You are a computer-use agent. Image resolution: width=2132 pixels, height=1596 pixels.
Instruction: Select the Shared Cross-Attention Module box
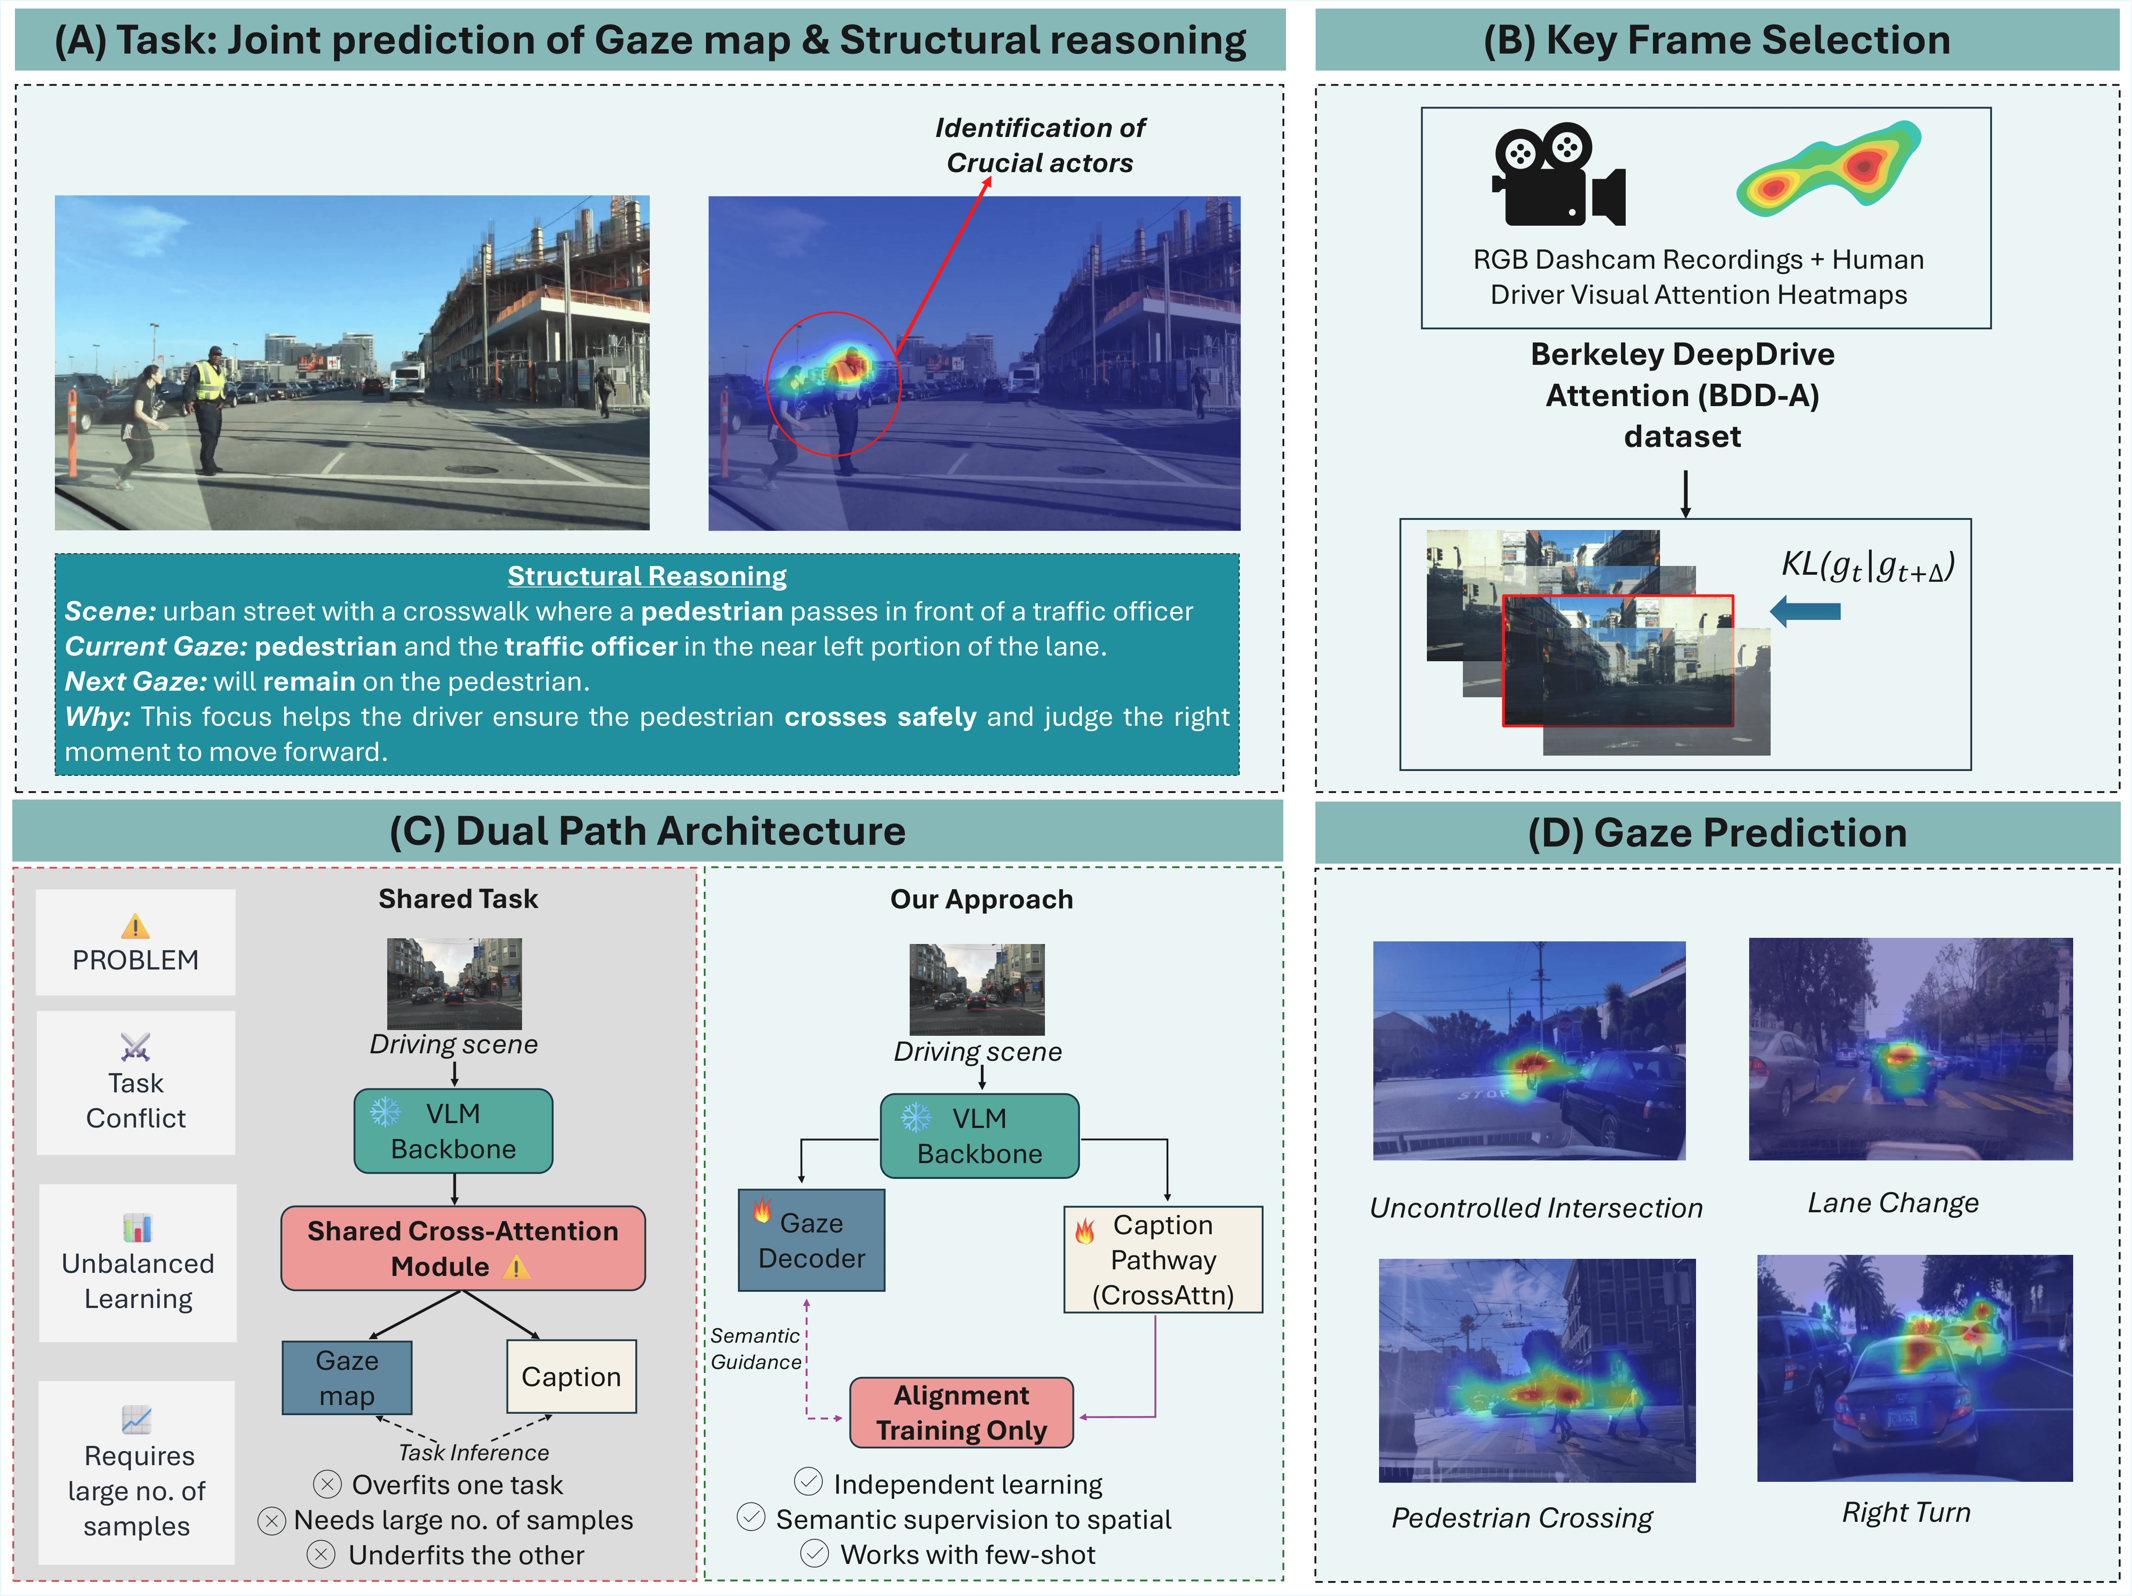[463, 1248]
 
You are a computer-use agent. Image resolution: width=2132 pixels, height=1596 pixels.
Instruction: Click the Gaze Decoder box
[811, 1240]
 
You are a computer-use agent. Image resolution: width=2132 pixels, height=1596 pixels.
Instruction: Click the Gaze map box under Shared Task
[347, 1378]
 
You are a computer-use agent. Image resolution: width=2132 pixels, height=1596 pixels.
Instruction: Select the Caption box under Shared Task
[572, 1376]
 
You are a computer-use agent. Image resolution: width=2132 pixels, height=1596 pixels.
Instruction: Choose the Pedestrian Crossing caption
[1522, 1518]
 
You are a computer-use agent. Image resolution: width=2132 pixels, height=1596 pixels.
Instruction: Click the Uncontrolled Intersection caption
[1536, 1207]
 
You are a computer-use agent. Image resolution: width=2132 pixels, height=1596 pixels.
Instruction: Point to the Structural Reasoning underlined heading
[647, 576]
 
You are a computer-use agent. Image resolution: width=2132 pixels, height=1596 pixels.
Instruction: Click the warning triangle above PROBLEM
[136, 927]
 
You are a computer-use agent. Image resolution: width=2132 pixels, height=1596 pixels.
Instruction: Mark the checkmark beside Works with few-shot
[814, 1553]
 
